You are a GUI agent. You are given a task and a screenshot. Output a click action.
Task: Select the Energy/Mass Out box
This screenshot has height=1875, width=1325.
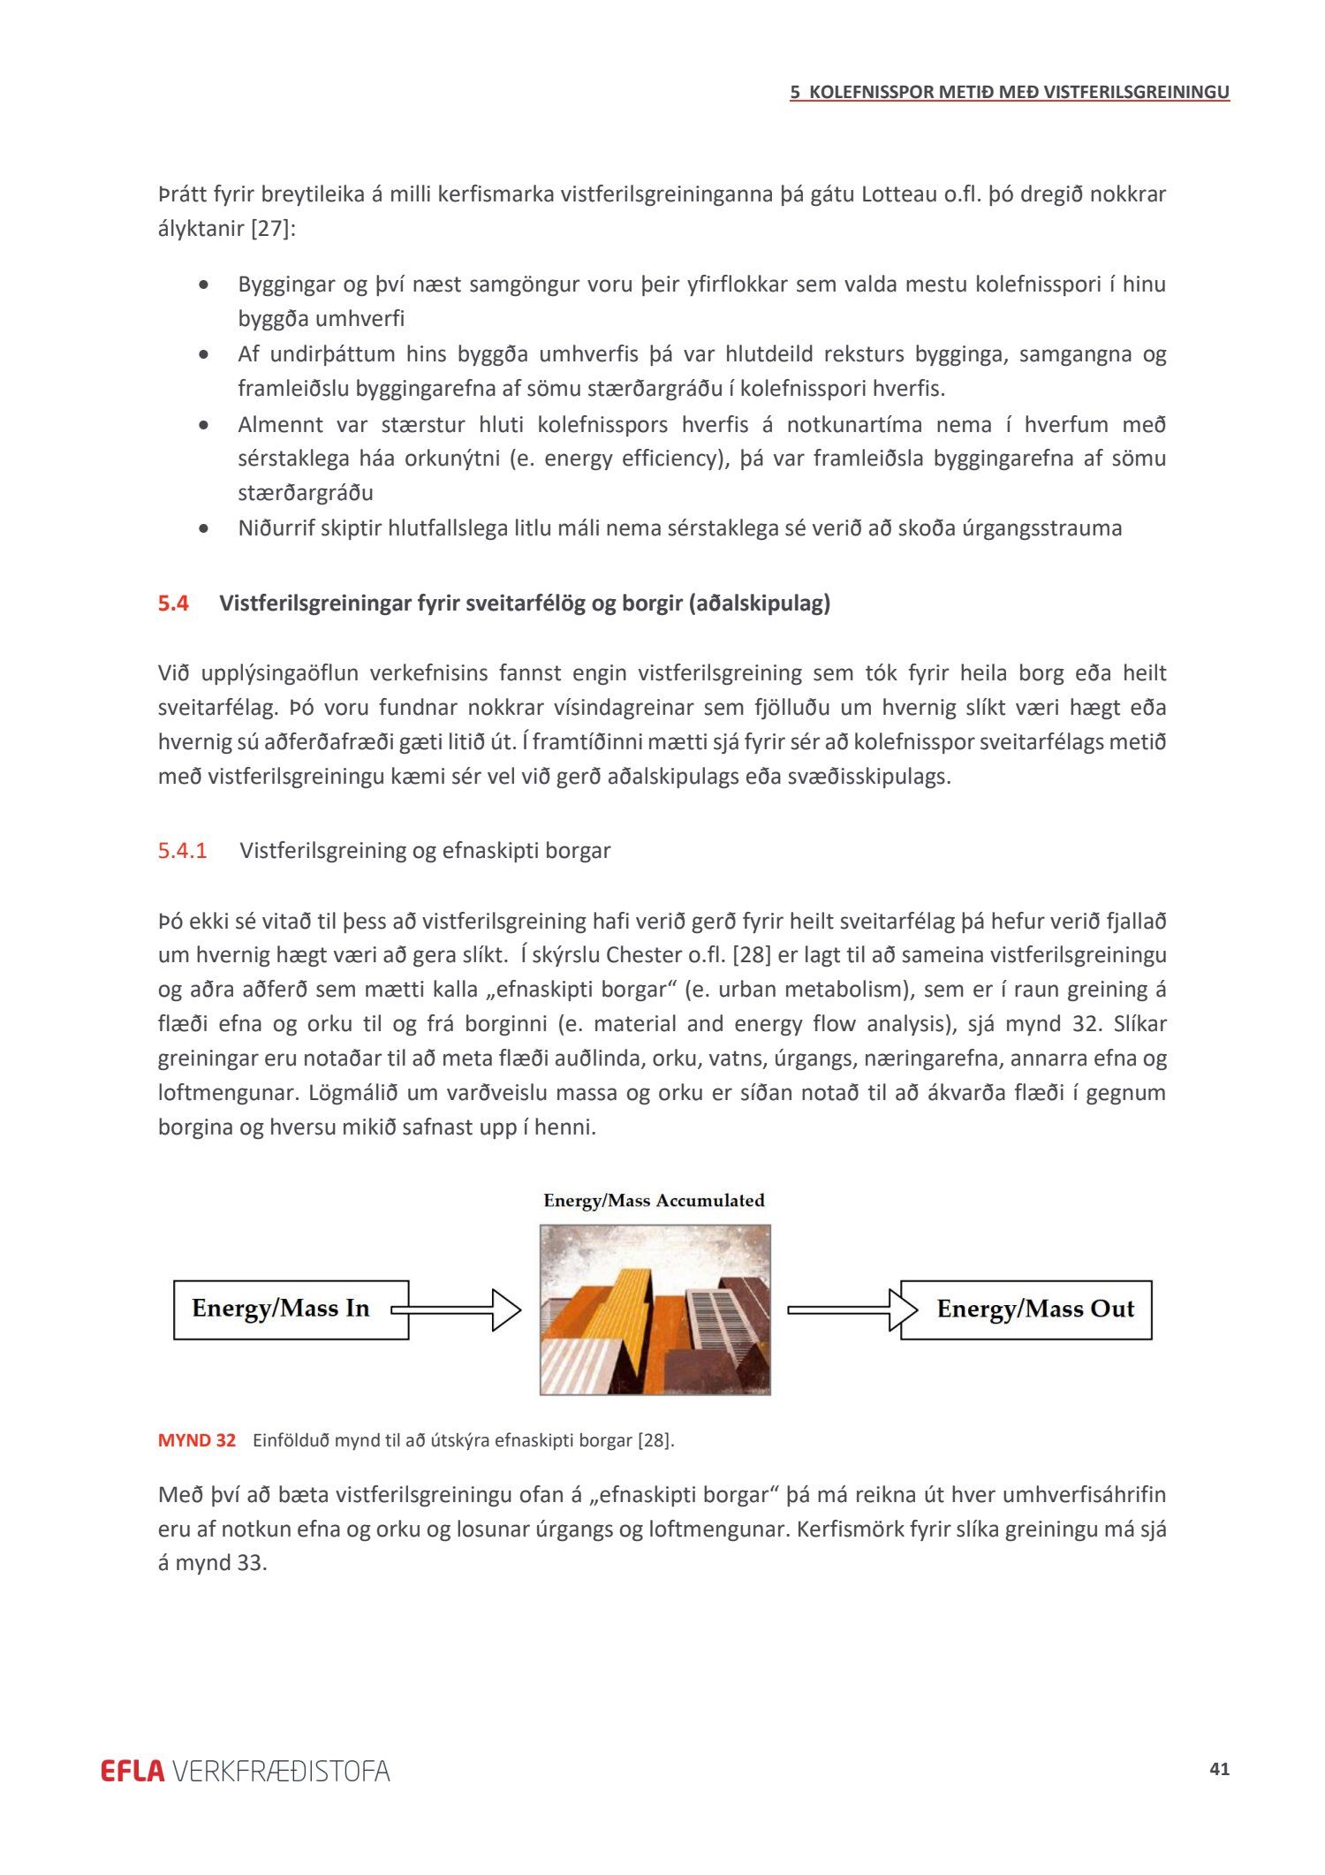tap(1026, 1309)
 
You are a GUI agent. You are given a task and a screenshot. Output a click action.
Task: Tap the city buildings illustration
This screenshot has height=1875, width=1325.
tap(655, 1309)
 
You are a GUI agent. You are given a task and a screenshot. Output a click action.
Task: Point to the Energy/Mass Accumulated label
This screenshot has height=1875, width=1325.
tap(654, 1201)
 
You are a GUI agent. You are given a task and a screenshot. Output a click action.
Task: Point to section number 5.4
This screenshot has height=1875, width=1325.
tap(173, 603)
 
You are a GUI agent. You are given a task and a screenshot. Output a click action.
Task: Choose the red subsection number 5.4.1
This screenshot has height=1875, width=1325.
tap(182, 851)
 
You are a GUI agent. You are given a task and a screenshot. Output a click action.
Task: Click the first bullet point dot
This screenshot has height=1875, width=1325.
tap(205, 285)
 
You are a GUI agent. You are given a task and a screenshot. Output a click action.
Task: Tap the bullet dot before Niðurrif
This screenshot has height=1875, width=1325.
tap(205, 529)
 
